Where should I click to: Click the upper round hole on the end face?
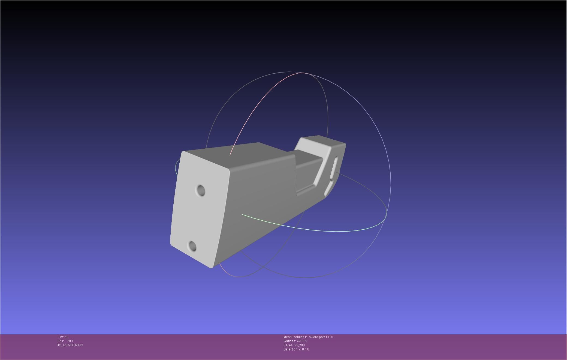[201, 191]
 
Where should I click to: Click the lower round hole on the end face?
[192, 246]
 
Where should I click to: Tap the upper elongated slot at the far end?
[334, 167]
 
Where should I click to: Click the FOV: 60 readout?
[62, 337]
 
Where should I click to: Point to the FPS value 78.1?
[70, 341]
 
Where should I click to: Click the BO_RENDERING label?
[70, 345]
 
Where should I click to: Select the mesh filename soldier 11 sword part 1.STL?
[314, 337]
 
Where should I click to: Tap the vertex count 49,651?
[302, 341]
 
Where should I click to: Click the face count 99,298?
[299, 345]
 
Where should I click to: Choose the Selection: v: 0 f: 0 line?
[296, 349]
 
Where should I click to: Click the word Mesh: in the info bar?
[288, 337]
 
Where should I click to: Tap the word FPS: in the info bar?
[60, 341]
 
